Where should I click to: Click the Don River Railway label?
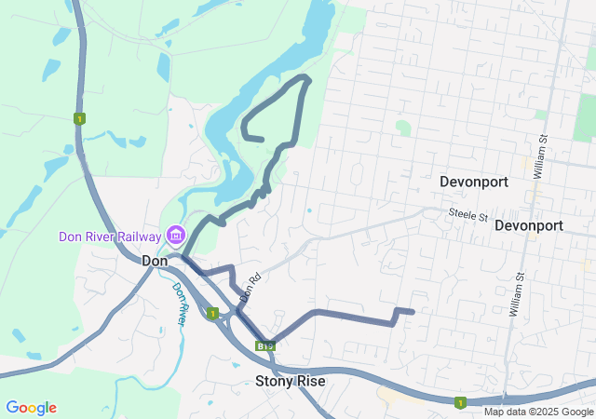pyautogui.click(x=110, y=237)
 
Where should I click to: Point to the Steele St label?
pyautogui.click(x=467, y=215)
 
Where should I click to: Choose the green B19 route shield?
pyautogui.click(x=265, y=345)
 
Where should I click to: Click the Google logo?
pyautogui.click(x=31, y=408)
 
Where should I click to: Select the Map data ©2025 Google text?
pyautogui.click(x=537, y=412)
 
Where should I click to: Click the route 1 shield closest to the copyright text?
pyautogui.click(x=459, y=402)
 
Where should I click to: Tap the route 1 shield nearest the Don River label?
pyautogui.click(x=212, y=314)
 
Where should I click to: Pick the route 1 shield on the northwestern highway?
pyautogui.click(x=80, y=118)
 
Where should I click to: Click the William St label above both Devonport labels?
pyautogui.click(x=543, y=150)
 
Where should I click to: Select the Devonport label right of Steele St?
pyautogui.click(x=529, y=225)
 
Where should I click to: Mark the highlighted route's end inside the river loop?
pyautogui.click(x=264, y=140)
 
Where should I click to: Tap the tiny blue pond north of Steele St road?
pyautogui.click(x=309, y=210)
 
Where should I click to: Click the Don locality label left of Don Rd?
pyautogui.click(x=154, y=262)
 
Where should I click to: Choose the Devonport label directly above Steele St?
pyautogui.click(x=474, y=182)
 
